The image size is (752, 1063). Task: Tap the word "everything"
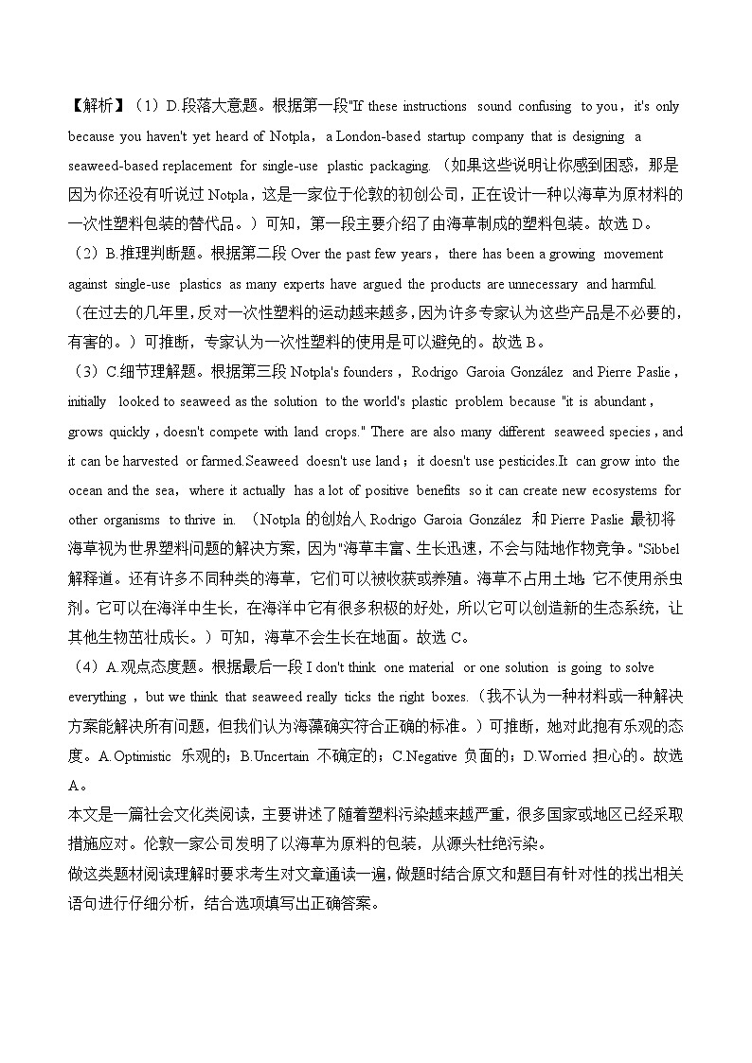[x=97, y=698]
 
